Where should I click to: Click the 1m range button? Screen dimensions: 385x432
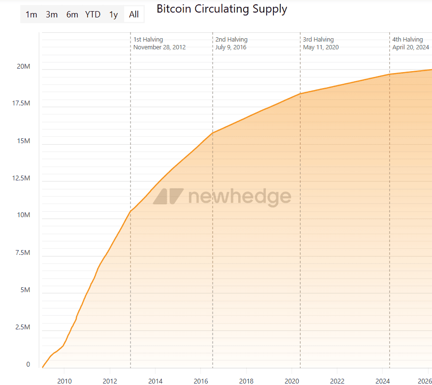pyautogui.click(x=31, y=15)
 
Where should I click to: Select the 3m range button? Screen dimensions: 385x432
pyautogui.click(x=52, y=15)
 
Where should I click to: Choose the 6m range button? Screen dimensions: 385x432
pyautogui.click(x=72, y=15)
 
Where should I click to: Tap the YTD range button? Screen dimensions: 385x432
pyautogui.click(x=93, y=15)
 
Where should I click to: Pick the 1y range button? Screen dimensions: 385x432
pyautogui.click(x=114, y=15)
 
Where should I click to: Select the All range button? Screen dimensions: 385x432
pyautogui.click(x=134, y=15)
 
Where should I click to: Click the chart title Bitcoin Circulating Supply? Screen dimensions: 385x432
pyautogui.click(x=222, y=9)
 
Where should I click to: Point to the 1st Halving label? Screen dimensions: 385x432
pyautogui.click(x=148, y=40)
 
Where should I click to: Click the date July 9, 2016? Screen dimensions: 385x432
pyautogui.click(x=231, y=47)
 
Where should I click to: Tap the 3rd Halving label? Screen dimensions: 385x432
pyautogui.click(x=318, y=40)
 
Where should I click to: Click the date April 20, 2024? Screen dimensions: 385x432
pyautogui.click(x=411, y=47)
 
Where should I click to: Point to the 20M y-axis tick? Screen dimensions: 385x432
pyautogui.click(x=24, y=66)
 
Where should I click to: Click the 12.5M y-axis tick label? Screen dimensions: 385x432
pyautogui.click(x=21, y=178)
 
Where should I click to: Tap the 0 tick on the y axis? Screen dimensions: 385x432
pyautogui.click(x=28, y=365)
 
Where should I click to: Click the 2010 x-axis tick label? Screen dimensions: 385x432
pyautogui.click(x=64, y=381)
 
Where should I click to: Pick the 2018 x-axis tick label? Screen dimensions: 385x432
pyautogui.click(x=246, y=381)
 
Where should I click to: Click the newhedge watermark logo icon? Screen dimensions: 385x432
pyautogui.click(x=168, y=196)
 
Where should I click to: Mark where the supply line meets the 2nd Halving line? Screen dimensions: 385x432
pyautogui.click(x=213, y=133)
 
